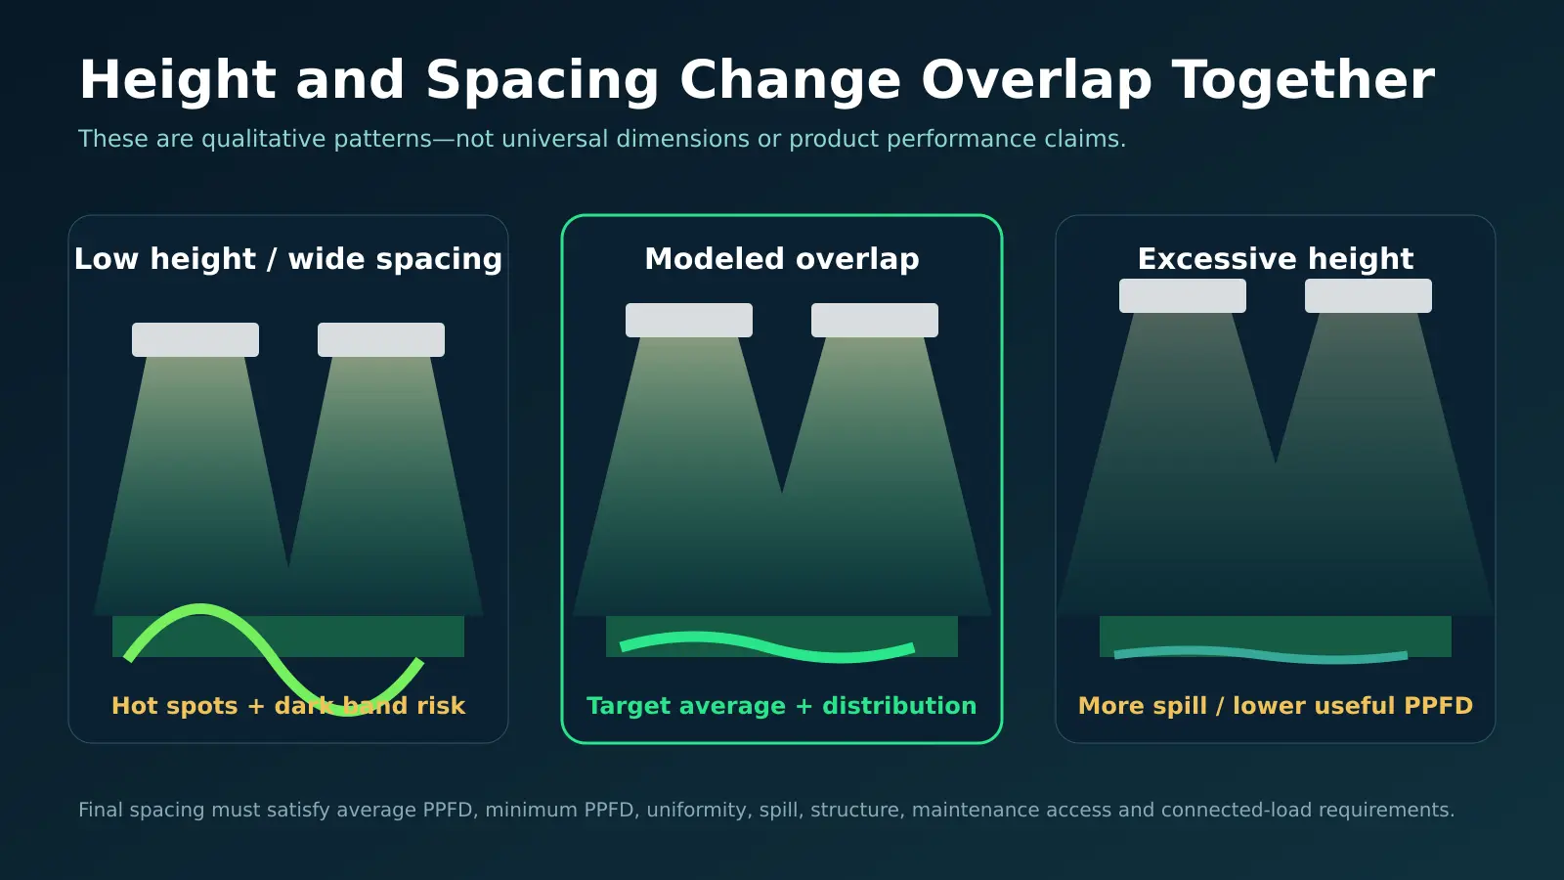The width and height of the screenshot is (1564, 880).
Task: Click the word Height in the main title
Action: click(x=178, y=82)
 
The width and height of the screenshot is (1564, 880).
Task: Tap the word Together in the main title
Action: click(x=1303, y=81)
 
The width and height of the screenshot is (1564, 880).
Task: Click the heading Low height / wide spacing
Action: click(x=288, y=259)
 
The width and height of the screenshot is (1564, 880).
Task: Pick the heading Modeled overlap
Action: click(x=782, y=259)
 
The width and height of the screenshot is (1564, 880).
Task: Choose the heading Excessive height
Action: click(x=1276, y=259)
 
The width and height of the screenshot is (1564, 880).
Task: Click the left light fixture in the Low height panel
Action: click(x=195, y=339)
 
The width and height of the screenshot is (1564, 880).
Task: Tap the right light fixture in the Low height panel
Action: click(x=381, y=339)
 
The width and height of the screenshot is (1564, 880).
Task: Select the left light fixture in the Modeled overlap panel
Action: click(x=689, y=320)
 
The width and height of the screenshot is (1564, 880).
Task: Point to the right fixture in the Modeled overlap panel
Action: click(x=875, y=320)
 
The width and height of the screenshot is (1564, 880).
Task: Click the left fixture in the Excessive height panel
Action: click(x=1183, y=295)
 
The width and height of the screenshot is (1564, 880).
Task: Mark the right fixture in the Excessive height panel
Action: click(x=1368, y=295)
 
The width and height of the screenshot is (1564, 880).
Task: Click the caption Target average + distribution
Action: click(x=782, y=706)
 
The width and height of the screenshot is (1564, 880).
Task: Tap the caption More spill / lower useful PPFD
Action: click(x=1276, y=706)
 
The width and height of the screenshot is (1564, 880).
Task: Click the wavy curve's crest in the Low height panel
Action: click(x=201, y=608)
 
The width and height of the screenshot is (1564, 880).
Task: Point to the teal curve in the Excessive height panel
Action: click(x=1261, y=654)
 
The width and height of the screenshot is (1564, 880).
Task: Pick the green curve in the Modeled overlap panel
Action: click(x=767, y=646)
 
